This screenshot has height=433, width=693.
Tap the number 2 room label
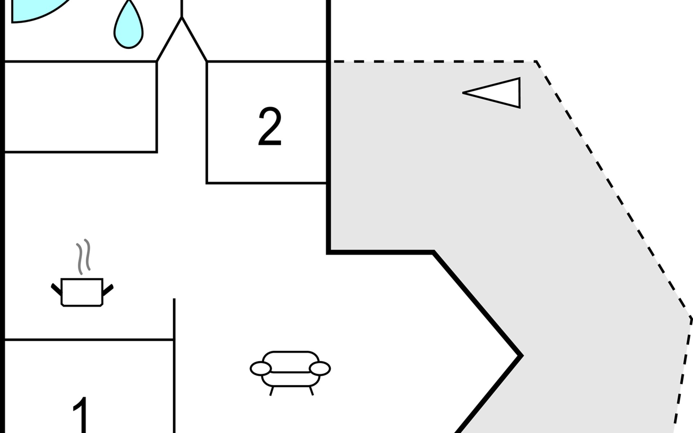pos(270,127)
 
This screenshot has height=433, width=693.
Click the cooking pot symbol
pos(82,292)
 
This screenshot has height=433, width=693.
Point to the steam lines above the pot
pos(83,256)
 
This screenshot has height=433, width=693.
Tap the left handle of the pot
pos(56,289)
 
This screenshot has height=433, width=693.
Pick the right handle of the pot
pos(108,290)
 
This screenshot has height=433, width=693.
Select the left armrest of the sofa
pos(260,368)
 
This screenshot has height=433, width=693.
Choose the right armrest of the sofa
pos(320,368)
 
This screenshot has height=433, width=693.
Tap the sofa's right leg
pos(311,391)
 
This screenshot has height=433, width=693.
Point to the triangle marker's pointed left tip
pos(464,93)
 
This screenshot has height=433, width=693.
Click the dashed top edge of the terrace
pos(433,62)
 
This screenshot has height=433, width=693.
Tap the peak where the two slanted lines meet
pos(182,18)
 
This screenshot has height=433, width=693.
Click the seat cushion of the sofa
pos(291,378)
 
